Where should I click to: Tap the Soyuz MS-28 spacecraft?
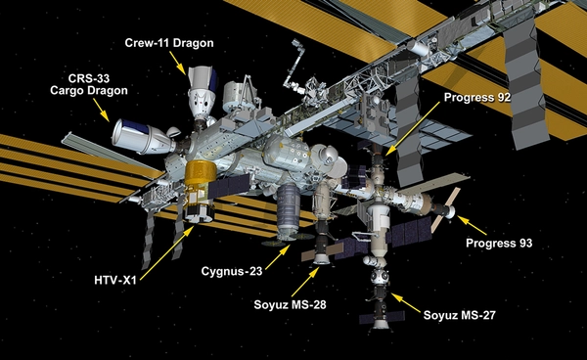[318, 249]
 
